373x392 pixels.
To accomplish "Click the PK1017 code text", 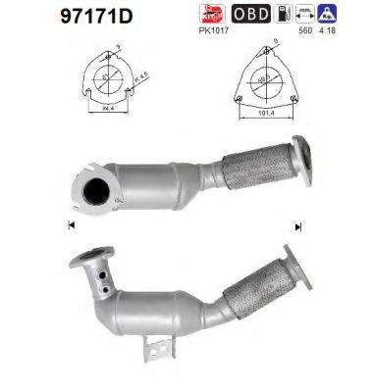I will click(213, 30).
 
